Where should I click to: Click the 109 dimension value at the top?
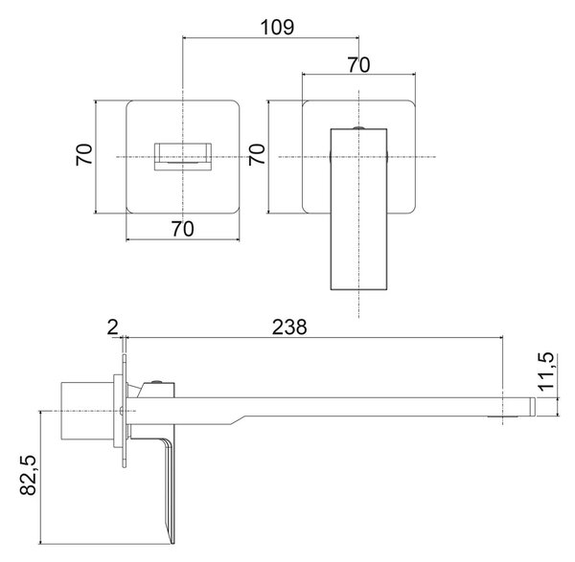point(277,27)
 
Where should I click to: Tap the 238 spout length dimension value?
point(289,327)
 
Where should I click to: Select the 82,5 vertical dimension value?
point(28,475)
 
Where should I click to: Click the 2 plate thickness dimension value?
point(112,327)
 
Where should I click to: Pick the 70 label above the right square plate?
point(358,65)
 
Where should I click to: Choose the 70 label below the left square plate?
point(183,229)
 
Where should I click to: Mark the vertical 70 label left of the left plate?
point(84,154)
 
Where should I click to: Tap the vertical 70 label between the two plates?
point(257,154)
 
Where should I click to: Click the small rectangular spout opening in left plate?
point(183,157)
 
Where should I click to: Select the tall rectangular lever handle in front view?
point(358,209)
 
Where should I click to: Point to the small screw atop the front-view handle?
point(358,127)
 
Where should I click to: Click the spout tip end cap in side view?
point(532,407)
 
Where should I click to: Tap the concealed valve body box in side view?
point(87,411)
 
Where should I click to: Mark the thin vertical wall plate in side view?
point(124,411)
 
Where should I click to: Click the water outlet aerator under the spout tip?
point(503,416)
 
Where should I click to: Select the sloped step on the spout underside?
point(238,420)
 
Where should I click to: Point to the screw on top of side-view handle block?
point(157,382)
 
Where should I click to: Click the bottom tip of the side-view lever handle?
point(172,543)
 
